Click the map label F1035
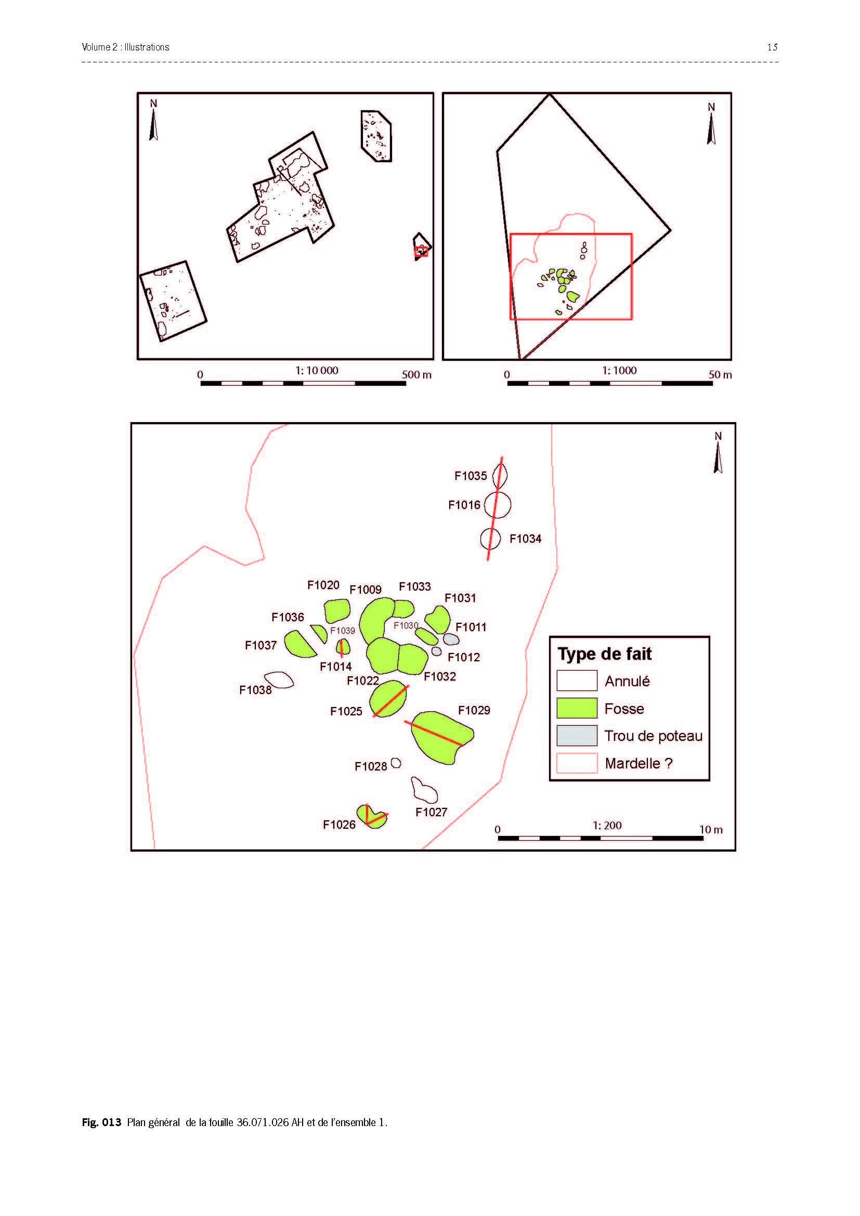click(470, 476)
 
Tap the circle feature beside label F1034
click(490, 539)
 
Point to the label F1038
click(255, 689)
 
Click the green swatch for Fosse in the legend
click(577, 708)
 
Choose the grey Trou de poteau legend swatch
click(577, 736)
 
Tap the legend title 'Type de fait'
click(604, 654)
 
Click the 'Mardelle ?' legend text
click(639, 763)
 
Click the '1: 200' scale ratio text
click(607, 825)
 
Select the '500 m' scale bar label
click(416, 374)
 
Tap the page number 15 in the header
click(772, 47)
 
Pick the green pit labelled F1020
click(337, 611)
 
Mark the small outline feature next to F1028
click(396, 763)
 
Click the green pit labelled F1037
click(300, 644)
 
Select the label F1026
click(339, 825)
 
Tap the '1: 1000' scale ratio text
click(619, 370)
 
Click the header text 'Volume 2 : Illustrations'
click(125, 47)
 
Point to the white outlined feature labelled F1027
click(424, 790)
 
